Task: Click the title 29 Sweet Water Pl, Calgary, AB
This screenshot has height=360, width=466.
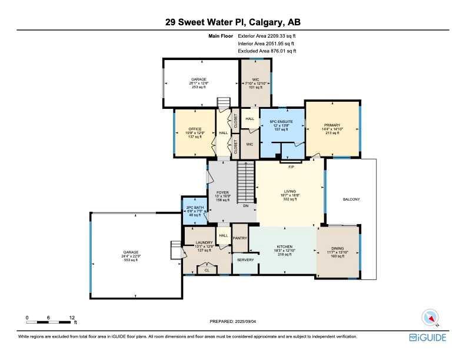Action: coord(233,22)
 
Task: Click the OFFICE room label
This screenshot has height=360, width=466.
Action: coord(195,128)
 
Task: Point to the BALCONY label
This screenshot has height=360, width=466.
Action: coord(351,199)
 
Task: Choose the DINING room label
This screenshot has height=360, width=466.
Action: coord(337,248)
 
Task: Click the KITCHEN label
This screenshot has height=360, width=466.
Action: coord(285,248)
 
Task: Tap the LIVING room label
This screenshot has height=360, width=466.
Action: coord(289,191)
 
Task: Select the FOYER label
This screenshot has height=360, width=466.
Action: coord(222,192)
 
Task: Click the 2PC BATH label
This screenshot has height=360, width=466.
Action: coord(195,206)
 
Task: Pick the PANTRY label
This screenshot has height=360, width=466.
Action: coord(239,238)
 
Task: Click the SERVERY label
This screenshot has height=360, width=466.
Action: coord(245,259)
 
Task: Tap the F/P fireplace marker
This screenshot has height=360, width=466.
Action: coord(291,166)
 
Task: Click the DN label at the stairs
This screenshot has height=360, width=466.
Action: coord(246,205)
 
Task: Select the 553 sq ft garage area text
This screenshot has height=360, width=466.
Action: coord(131,260)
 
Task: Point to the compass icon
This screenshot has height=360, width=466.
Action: coord(431,318)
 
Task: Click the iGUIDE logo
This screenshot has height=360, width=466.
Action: coord(428,337)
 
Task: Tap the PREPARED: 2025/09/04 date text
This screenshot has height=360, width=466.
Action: coord(233,322)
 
